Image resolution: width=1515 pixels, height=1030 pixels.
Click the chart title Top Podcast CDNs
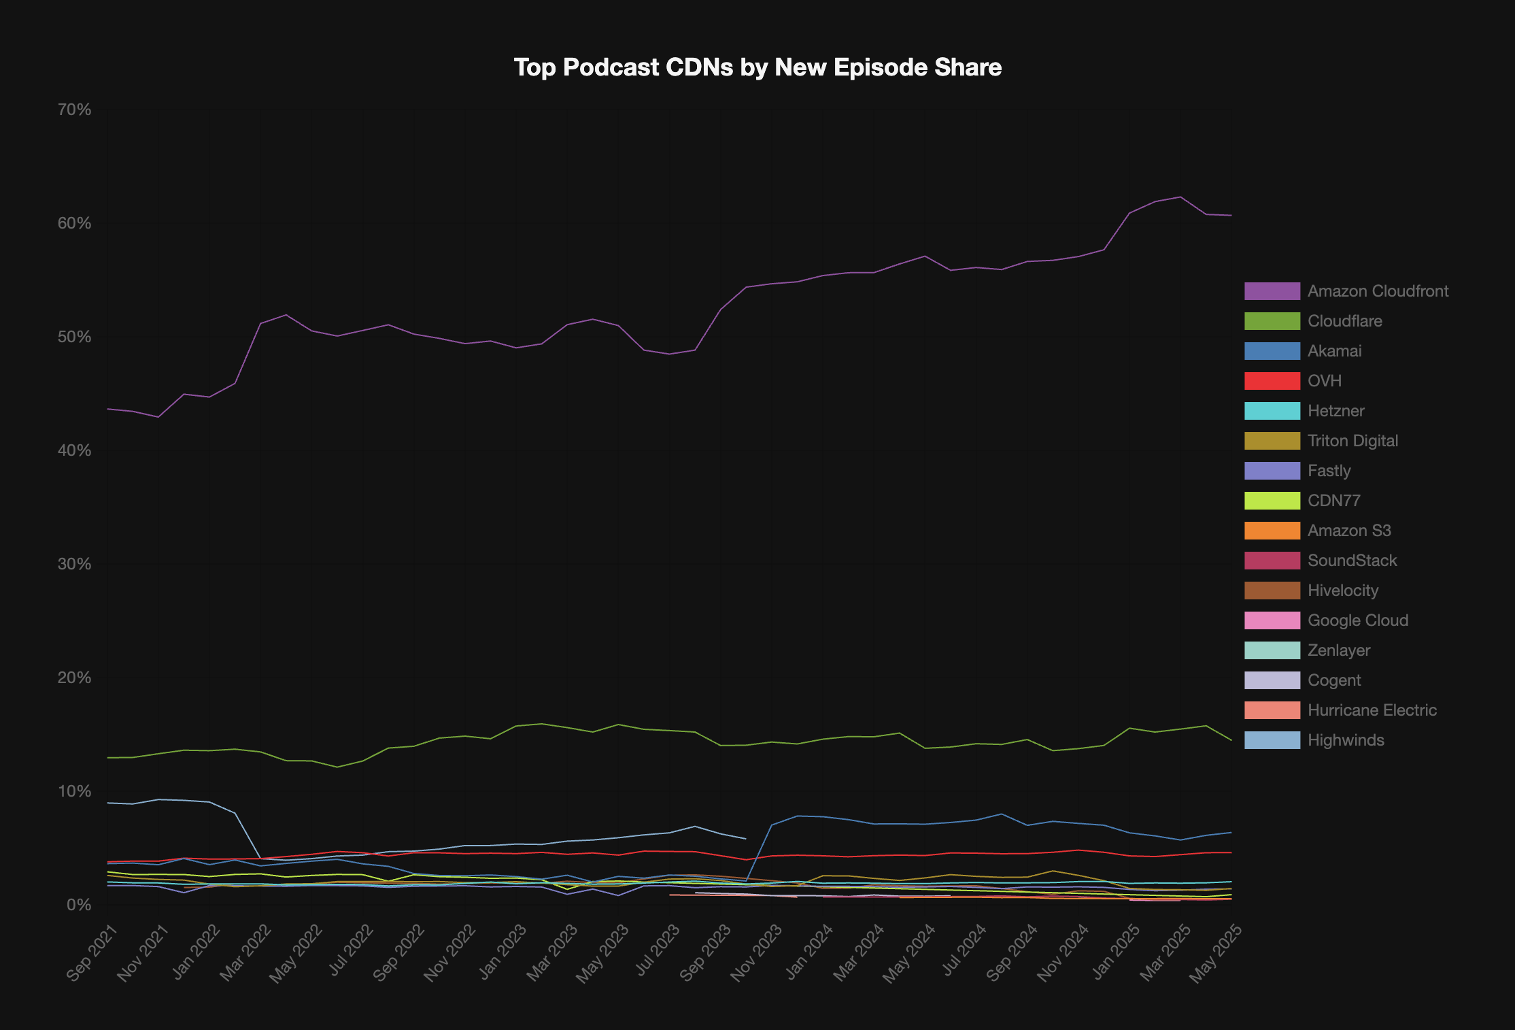pos(757,67)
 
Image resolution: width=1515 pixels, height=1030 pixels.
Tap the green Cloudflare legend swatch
pos(1272,321)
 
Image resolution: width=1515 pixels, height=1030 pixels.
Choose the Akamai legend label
pos(1334,351)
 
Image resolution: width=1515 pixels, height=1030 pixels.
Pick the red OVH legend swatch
pos(1272,381)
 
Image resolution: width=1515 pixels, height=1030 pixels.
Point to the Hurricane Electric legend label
pos(1372,710)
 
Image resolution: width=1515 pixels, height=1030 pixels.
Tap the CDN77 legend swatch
pos(1272,501)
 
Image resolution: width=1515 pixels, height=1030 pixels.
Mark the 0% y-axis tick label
pos(79,905)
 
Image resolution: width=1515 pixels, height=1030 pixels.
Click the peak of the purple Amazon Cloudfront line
pos(1180,197)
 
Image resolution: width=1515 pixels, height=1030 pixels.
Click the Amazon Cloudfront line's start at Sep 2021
pos(107,409)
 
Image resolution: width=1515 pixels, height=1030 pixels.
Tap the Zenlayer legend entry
pos(1338,650)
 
